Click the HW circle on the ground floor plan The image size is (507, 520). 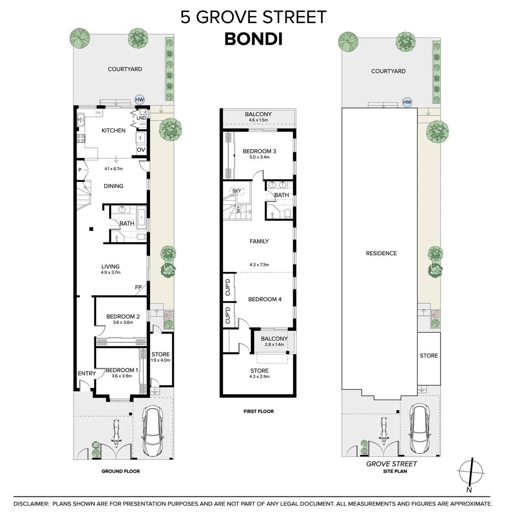click(140, 99)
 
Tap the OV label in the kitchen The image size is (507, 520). click(141, 150)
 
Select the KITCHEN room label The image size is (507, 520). click(114, 130)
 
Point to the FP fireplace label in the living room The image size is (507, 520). click(138, 287)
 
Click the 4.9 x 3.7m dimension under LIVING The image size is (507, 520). click(111, 273)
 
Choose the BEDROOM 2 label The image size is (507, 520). click(123, 316)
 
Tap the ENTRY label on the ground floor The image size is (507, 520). click(87, 374)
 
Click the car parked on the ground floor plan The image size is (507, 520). click(153, 431)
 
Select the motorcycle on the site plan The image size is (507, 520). click(384, 430)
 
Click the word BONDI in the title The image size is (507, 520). click(254, 39)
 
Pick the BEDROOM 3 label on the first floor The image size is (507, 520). click(260, 151)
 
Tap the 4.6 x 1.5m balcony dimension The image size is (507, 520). click(258, 120)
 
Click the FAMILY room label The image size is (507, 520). click(260, 241)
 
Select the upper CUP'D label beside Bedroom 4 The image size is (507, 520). click(227, 287)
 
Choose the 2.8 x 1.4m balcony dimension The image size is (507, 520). click(274, 345)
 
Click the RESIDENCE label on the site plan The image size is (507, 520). click(381, 253)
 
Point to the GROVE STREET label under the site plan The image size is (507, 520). click(391, 464)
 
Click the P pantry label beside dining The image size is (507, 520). click(80, 170)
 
